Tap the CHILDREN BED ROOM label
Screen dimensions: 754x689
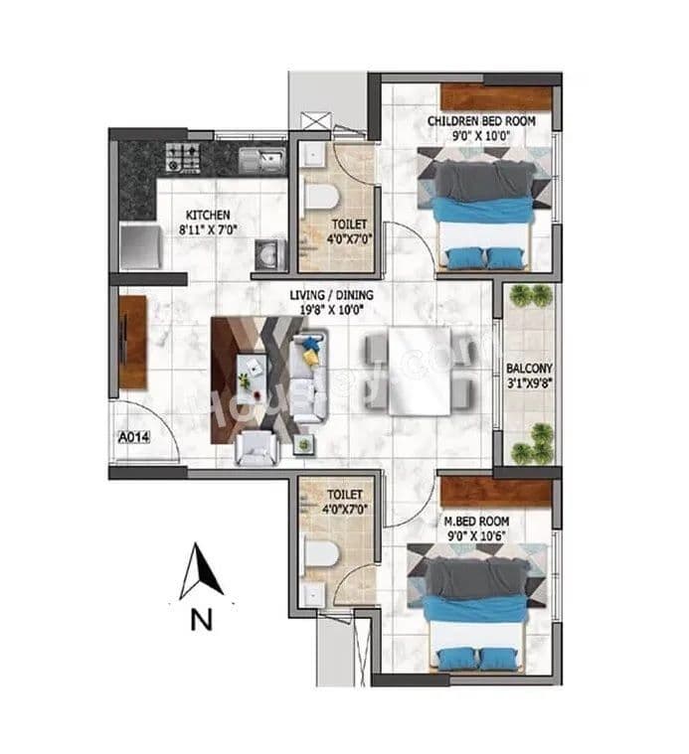coord(481,121)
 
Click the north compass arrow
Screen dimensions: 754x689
coord(202,575)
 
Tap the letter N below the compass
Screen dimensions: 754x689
coord(202,621)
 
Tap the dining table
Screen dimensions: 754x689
coord(417,372)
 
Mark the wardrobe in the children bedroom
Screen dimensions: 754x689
coord(496,97)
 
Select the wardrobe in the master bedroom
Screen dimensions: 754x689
coord(495,490)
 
